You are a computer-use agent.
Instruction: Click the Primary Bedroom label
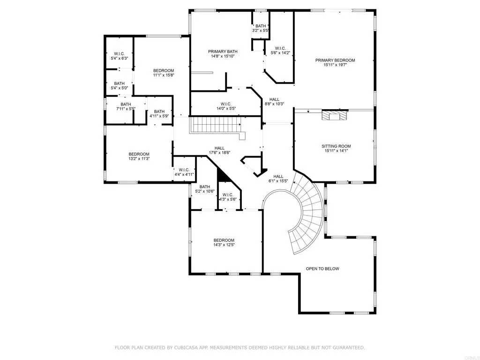[x=335, y=60]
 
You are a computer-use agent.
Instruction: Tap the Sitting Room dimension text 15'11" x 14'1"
[x=336, y=151]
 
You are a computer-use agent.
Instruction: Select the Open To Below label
[x=322, y=269]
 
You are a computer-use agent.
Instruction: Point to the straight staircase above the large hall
[x=216, y=125]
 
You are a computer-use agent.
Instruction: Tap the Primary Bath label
[x=223, y=52]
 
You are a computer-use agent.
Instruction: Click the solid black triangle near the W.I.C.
[x=222, y=175]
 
